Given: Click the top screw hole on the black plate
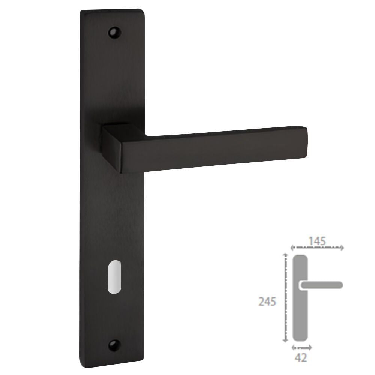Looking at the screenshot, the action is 114,32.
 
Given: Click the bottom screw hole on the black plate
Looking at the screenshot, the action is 114,345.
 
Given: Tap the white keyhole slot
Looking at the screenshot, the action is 114,277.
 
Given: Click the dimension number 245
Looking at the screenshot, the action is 267,301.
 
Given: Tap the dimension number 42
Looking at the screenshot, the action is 301,358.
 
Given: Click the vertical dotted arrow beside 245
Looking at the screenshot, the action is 285,298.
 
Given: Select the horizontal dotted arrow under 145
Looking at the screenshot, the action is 317,248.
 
